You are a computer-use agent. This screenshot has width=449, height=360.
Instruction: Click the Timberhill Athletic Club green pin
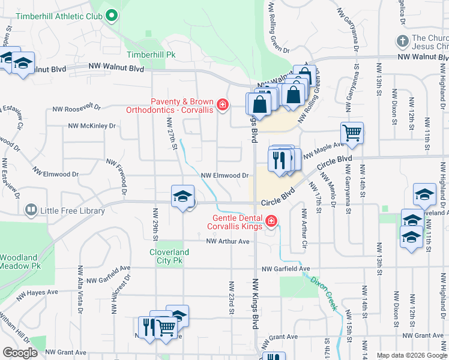[x=111, y=16]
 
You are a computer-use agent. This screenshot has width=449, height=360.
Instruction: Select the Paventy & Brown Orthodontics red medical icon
[x=223, y=106]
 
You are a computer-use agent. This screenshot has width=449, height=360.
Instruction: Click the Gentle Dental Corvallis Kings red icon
[x=271, y=222]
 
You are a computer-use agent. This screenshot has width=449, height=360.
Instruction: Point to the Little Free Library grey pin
[x=31, y=210]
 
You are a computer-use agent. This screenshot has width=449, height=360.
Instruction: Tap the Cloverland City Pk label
[x=169, y=257]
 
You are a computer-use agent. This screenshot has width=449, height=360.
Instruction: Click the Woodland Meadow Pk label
[x=20, y=261]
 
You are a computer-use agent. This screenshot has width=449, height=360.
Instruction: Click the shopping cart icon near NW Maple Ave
[x=352, y=133]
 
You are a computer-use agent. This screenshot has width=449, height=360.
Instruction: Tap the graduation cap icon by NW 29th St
[x=182, y=196]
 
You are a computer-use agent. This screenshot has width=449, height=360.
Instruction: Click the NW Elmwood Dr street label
[x=224, y=175]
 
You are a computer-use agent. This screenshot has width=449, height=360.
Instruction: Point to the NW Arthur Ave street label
[x=228, y=241]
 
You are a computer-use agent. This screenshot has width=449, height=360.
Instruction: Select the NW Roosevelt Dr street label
[x=76, y=108]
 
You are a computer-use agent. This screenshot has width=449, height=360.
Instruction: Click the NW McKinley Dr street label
[x=91, y=126]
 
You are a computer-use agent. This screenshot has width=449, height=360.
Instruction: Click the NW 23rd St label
[x=230, y=298]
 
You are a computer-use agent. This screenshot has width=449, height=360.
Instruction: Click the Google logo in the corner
[x=19, y=353]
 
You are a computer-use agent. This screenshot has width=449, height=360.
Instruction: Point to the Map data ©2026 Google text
[x=411, y=355]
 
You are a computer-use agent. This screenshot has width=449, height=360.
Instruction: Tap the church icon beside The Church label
[x=402, y=41]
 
